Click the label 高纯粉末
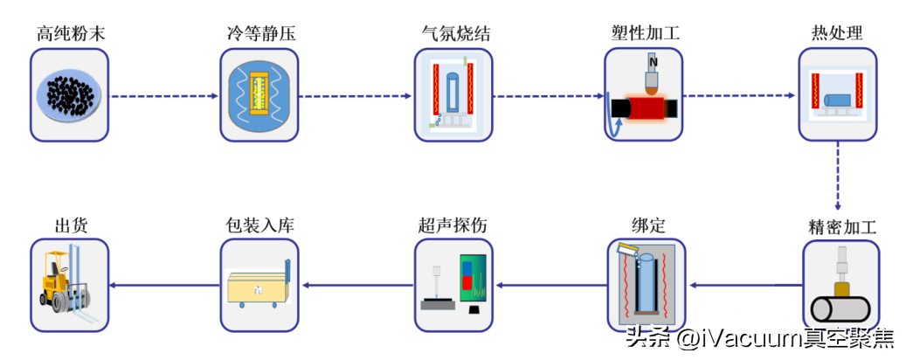click(71, 34)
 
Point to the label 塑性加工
click(645, 34)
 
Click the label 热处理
click(837, 34)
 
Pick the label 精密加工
click(841, 227)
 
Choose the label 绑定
click(647, 225)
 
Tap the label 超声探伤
click(453, 225)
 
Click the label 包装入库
click(259, 225)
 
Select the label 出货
click(70, 225)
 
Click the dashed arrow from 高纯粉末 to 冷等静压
click(164, 95)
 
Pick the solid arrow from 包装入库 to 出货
click(164, 285)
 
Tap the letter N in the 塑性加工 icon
click(652, 64)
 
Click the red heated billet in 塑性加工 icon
click(650, 108)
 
